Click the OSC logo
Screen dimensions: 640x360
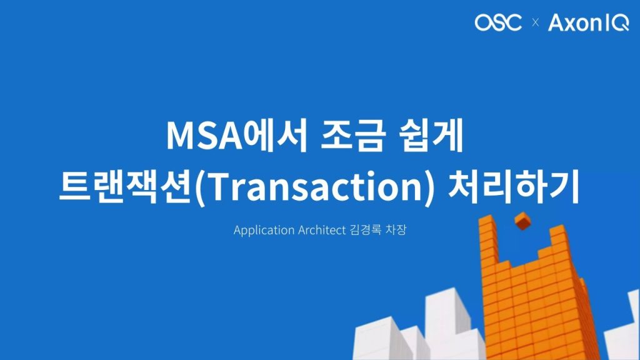pyautogui.click(x=498, y=22)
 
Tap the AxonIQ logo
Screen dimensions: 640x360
pyautogui.click(x=589, y=23)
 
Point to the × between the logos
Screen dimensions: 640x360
pyautogui.click(x=536, y=23)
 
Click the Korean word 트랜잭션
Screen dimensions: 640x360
pyautogui.click(x=126, y=187)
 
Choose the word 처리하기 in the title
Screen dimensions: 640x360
pyautogui.click(x=514, y=187)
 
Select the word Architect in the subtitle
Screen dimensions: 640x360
pyautogui.click(x=322, y=230)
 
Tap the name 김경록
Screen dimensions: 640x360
pyautogui.click(x=365, y=229)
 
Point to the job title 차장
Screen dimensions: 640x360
pyautogui.click(x=396, y=229)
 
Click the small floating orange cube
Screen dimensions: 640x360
pyautogui.click(x=523, y=221)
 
